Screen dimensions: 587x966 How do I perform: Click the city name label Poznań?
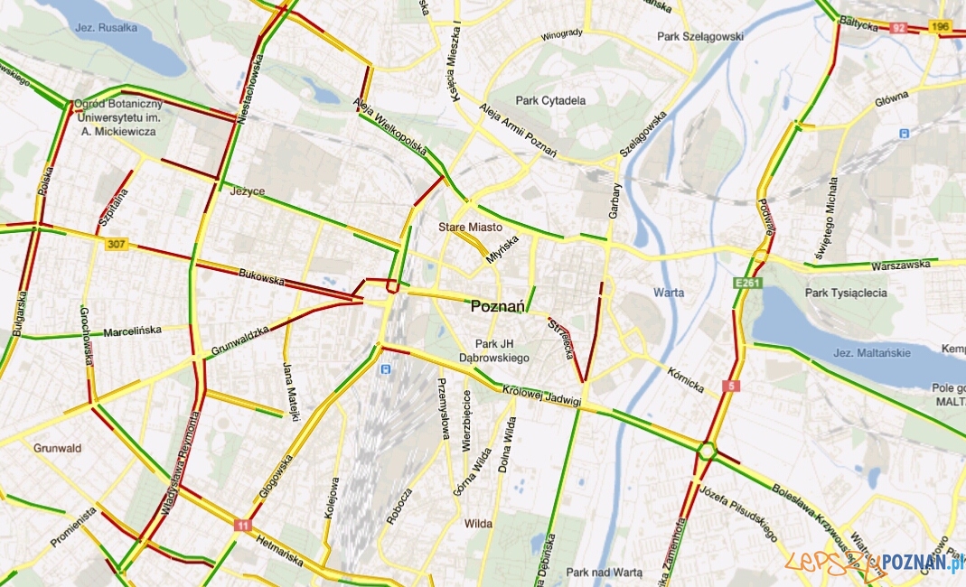click(x=498, y=307)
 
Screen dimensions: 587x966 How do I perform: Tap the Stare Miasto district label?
click(x=469, y=227)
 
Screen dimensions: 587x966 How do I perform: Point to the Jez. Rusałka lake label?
click(x=107, y=27)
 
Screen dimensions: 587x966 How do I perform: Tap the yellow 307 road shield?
click(x=116, y=245)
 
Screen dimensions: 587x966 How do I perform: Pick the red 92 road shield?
click(x=897, y=27)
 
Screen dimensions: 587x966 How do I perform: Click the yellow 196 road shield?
click(x=941, y=27)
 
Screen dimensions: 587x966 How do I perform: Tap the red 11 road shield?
click(x=241, y=525)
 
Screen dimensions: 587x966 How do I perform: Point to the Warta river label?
click(x=668, y=293)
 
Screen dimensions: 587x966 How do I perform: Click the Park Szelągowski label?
click(x=700, y=37)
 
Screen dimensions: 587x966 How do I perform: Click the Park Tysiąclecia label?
click(x=846, y=293)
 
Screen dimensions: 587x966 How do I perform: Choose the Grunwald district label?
click(x=57, y=448)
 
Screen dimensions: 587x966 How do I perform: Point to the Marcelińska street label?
click(x=132, y=331)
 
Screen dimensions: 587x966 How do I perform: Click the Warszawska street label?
click(x=900, y=266)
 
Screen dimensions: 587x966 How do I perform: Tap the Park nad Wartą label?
click(x=604, y=573)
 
